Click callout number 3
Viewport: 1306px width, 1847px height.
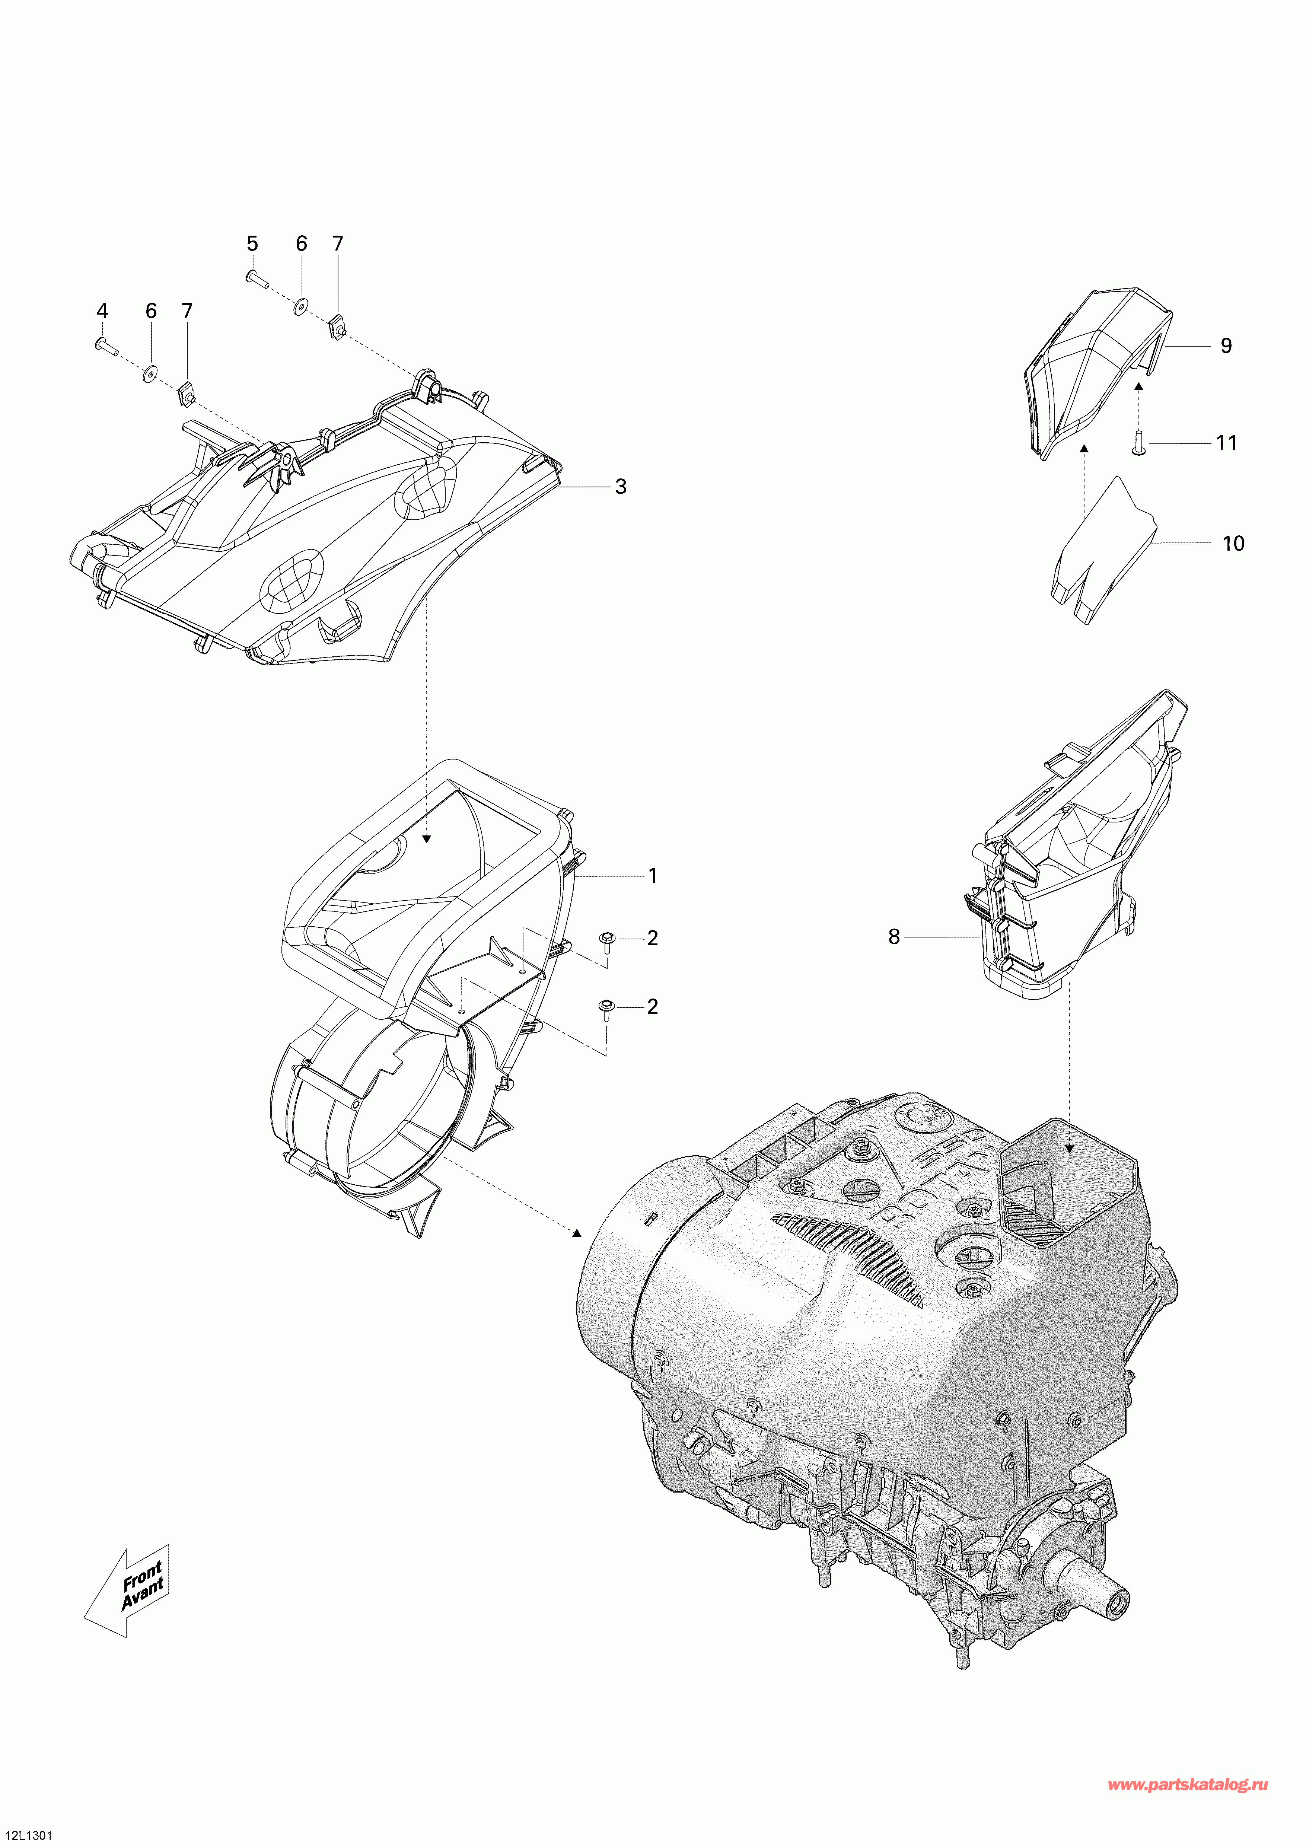[620, 487]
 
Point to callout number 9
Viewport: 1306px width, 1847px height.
[1226, 346]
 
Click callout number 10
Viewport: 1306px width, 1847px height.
[1233, 544]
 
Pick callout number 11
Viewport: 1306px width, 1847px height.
[1226, 443]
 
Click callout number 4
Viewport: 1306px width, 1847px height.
[102, 311]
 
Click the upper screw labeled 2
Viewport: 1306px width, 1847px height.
[606, 940]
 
